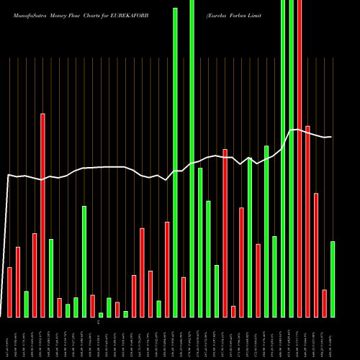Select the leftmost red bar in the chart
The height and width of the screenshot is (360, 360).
tap(9, 292)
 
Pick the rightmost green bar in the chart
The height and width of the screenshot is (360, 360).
tap(333, 279)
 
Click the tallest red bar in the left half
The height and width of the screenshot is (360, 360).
tap(42, 215)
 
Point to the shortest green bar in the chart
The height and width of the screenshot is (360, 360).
tap(101, 315)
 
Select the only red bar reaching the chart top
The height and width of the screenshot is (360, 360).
tap(300, 158)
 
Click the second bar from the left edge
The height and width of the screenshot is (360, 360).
tap(18, 282)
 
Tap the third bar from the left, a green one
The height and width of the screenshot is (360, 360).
tap(26, 304)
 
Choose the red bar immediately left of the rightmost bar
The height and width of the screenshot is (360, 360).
tap(324, 302)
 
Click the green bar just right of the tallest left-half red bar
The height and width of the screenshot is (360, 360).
tap(51, 278)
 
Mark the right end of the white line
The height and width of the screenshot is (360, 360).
tap(330, 137)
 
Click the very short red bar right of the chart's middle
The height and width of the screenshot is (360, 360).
tap(233, 311)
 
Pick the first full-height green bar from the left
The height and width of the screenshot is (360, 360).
tap(175, 162)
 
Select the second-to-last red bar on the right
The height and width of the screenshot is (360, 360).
tap(316, 255)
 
